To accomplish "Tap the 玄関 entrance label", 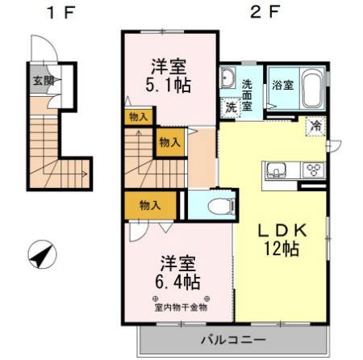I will (x=43, y=80).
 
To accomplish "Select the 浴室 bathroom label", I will (x=282, y=85).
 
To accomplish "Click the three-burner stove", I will (x=311, y=170).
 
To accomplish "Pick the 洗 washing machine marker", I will (x=231, y=107).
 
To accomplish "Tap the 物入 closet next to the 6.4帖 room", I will (x=150, y=205).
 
